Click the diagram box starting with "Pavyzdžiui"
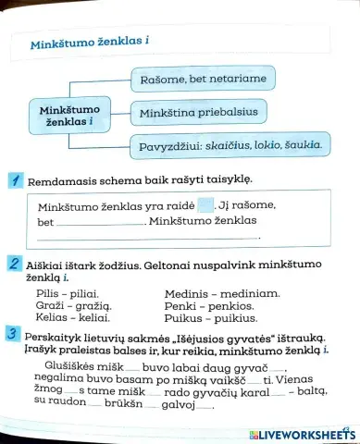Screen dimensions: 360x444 tap(230, 145)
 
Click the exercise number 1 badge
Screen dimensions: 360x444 tap(15, 179)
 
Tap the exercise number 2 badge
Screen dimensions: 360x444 tap(15, 267)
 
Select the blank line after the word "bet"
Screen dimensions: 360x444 tap(100, 223)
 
